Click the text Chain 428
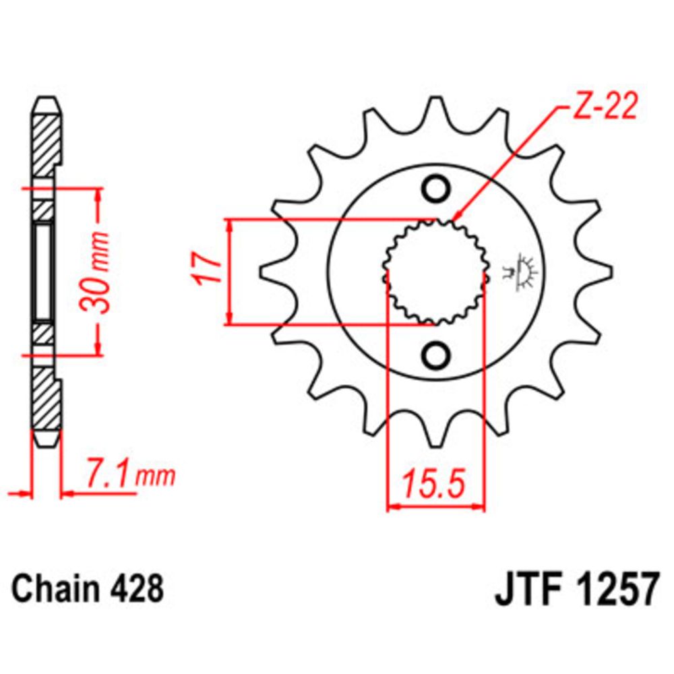point(88,588)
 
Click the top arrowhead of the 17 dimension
point(231,225)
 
